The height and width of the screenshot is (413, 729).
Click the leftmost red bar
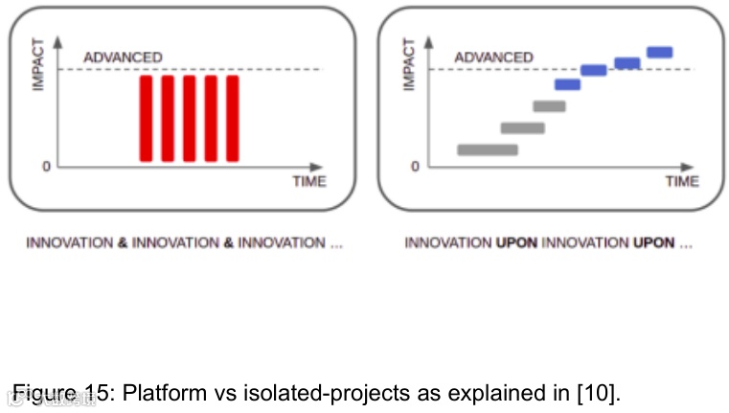[x=146, y=118]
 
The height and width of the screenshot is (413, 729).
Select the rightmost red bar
[x=232, y=118]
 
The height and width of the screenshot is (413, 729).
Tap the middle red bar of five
[x=189, y=118]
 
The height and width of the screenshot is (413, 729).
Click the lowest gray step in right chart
[x=488, y=149]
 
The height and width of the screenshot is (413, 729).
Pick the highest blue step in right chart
[x=660, y=52]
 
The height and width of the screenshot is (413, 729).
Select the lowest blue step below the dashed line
[x=568, y=84]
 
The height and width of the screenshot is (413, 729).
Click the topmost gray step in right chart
[x=550, y=106]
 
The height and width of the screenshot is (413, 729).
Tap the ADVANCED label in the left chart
[x=123, y=57]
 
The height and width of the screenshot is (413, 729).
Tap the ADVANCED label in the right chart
[x=493, y=57]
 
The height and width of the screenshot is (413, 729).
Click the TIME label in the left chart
[x=309, y=181]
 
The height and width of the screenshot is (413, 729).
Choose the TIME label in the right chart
[x=682, y=181]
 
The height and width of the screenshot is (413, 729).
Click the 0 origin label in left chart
[x=45, y=167]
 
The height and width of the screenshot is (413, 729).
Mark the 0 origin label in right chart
[x=415, y=167]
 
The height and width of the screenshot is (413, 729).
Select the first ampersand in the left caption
[x=123, y=243]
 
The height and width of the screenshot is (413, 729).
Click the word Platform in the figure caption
[x=159, y=393]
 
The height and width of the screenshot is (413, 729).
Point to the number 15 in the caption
[x=100, y=393]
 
